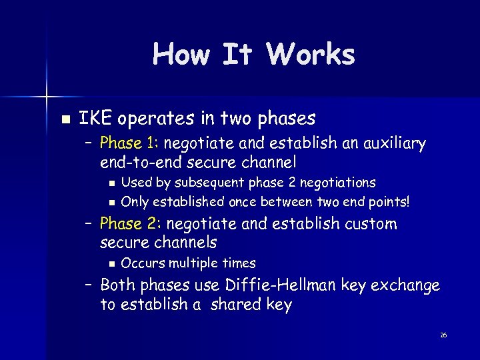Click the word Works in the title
[311, 54]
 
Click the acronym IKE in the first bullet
[94, 119]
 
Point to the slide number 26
[443, 335]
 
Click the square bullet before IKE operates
[65, 119]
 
